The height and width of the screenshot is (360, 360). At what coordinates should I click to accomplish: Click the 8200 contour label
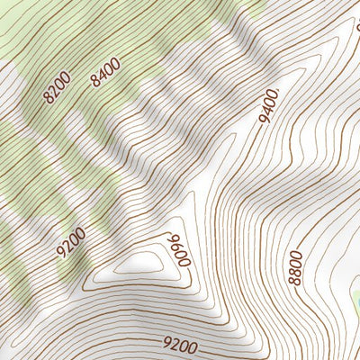point(56,88)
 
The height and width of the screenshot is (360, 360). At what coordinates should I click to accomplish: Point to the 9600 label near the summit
point(175,249)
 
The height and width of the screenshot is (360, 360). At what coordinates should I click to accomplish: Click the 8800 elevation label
point(296,267)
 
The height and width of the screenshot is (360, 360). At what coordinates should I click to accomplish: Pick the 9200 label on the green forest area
point(71,242)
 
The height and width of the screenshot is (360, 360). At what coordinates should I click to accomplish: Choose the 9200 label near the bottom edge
point(180,344)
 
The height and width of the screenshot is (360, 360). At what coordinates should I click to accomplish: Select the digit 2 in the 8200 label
point(53,91)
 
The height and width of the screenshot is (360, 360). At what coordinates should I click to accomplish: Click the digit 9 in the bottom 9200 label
point(167,342)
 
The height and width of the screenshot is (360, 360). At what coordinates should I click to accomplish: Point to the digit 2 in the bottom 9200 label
point(176,344)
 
